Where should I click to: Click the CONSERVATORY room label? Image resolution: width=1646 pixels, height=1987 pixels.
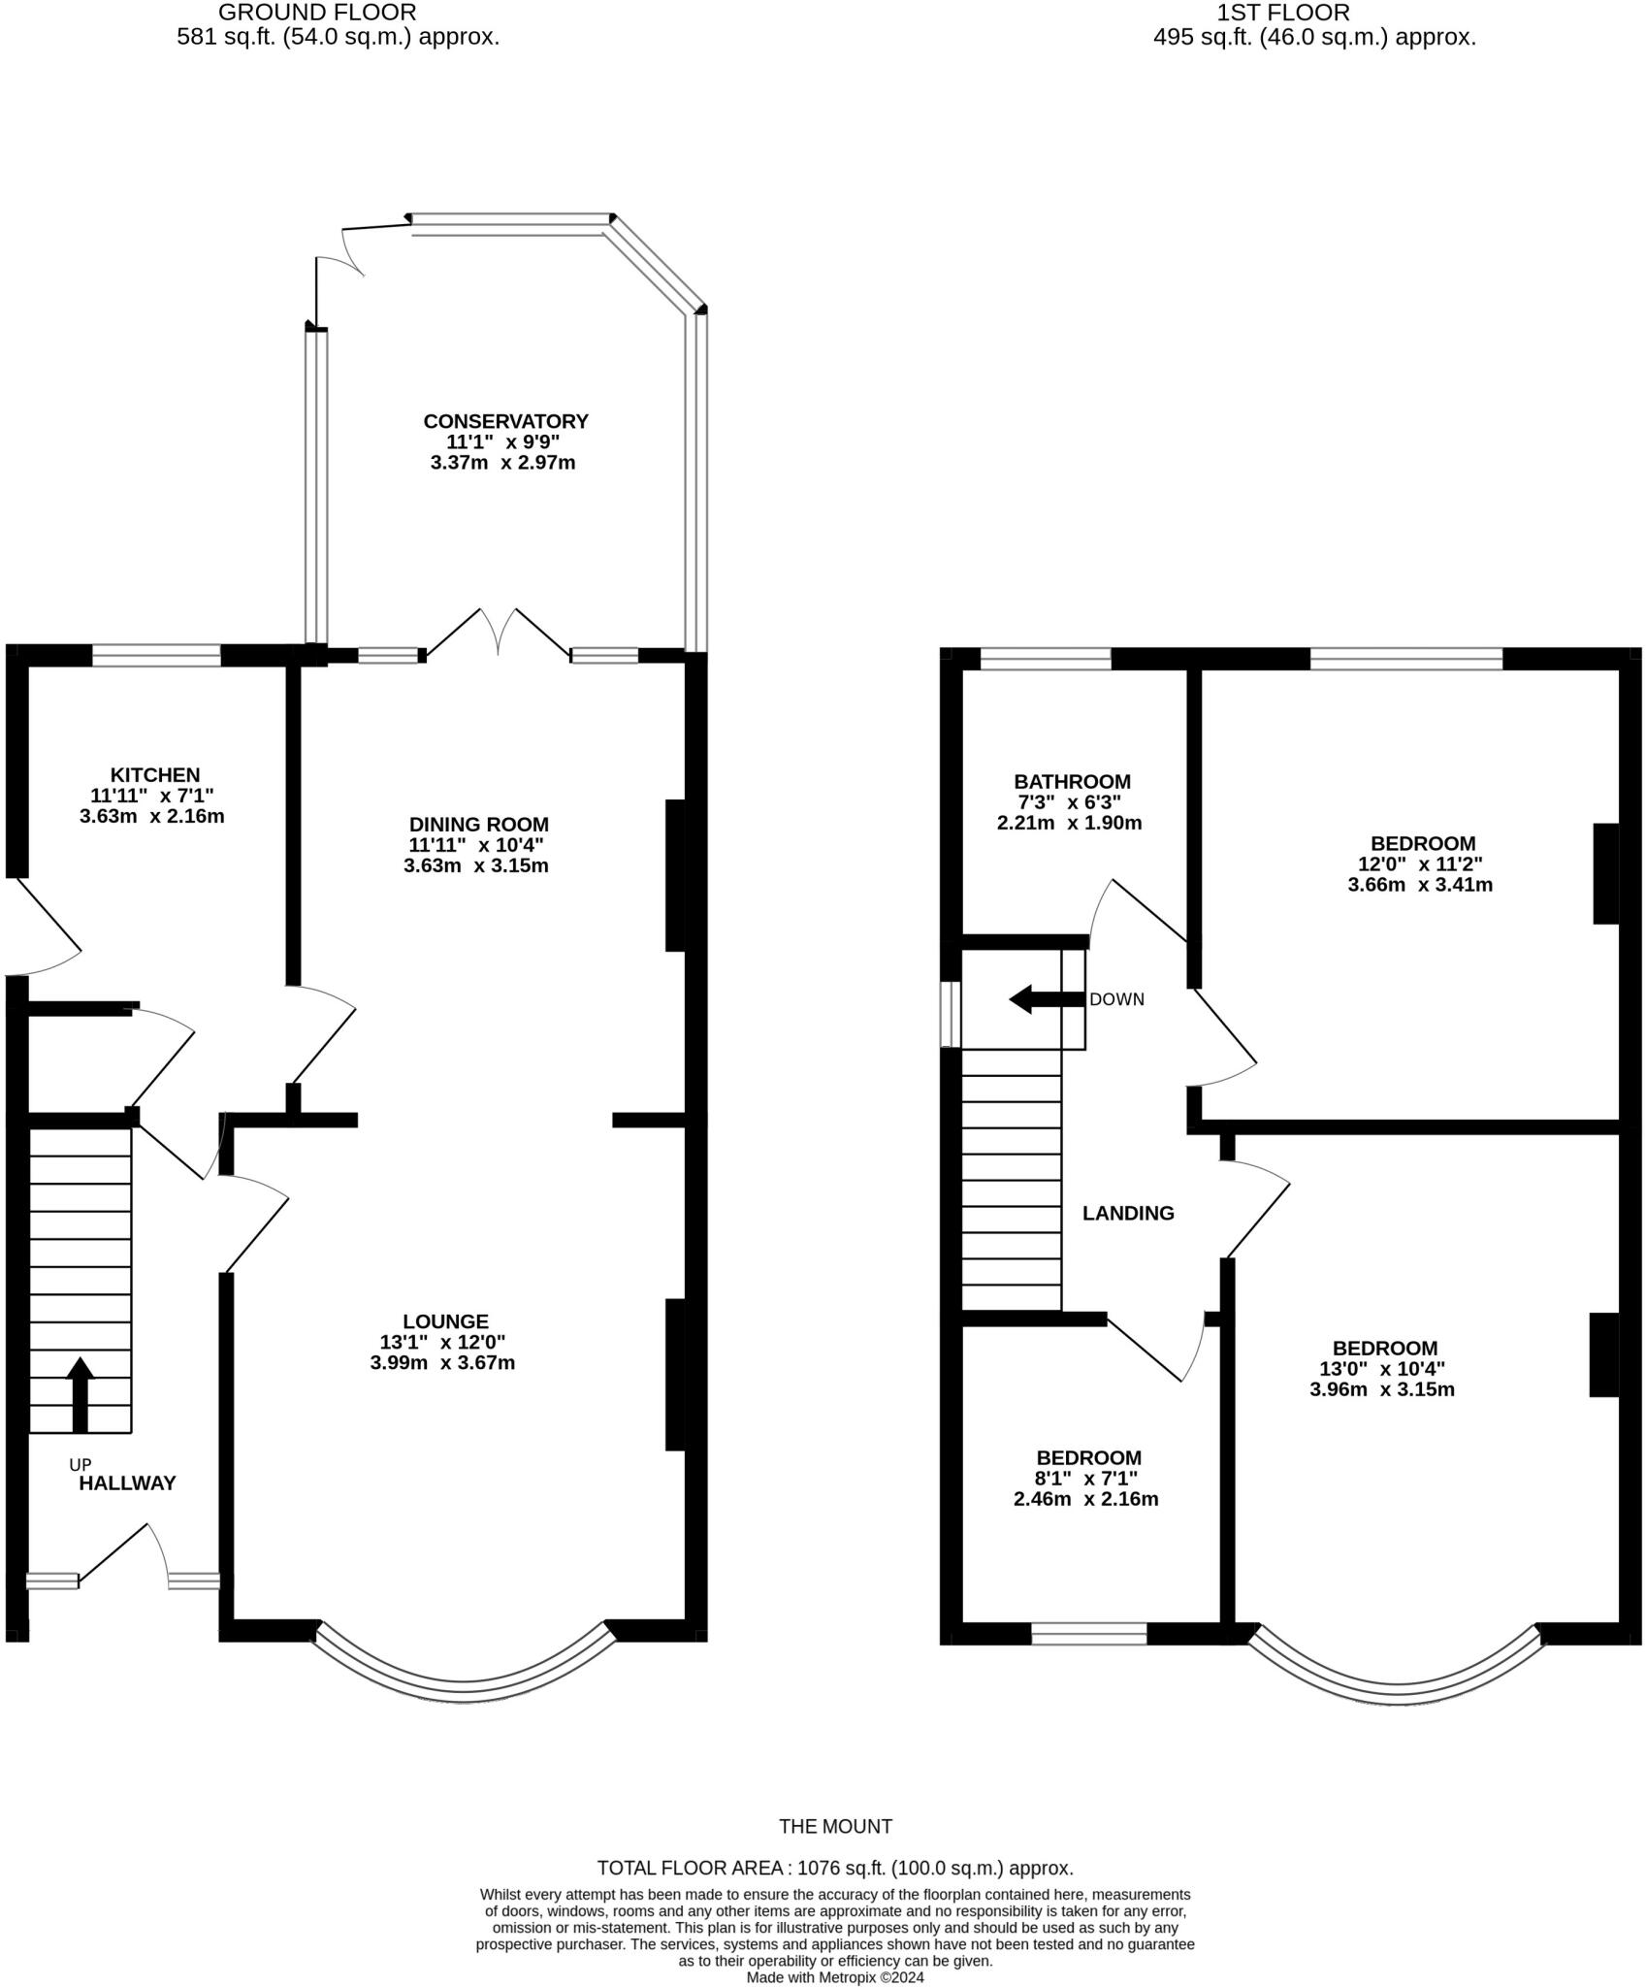pos(505,421)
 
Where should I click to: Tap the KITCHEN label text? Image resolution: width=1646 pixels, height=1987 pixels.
pos(154,775)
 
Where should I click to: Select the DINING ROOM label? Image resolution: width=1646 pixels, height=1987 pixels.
pos(478,825)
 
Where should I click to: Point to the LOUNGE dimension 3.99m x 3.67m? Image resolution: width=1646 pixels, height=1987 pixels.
pos(442,1363)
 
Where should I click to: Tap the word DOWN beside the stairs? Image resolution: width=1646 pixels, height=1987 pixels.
pos(1116,999)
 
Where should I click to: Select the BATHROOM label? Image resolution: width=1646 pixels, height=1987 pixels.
pos(1072,782)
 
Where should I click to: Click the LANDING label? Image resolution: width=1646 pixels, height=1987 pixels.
pos(1127,1214)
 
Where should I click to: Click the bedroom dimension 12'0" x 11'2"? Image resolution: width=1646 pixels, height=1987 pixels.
pos(1420,864)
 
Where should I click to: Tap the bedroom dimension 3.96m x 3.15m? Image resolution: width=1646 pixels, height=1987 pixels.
pos(1381,1389)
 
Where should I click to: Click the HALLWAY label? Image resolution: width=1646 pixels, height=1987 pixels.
pos(127,1483)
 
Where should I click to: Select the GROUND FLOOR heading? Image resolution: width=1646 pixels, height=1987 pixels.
pos(317,13)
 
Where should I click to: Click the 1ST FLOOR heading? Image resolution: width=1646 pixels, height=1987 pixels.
pos(1282,13)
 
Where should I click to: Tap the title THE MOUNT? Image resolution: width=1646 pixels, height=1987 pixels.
pos(835,1827)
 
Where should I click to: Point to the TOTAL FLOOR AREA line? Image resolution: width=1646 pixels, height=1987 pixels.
pos(835,1869)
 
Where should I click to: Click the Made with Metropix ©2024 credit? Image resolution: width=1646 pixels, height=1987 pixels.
pos(835,1977)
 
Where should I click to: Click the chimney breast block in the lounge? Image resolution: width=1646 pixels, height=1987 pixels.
pos(675,1375)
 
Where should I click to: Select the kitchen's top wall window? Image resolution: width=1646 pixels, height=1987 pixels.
pos(156,656)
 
